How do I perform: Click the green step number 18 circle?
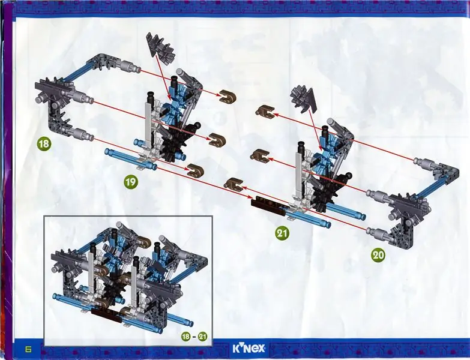44,144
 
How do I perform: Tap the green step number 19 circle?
131,181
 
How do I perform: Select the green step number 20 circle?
378,255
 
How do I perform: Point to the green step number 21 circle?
282,233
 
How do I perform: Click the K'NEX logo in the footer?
249,349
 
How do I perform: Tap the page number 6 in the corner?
29,349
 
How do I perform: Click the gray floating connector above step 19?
160,47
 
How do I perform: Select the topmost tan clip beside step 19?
227,95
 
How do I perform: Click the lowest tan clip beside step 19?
196,170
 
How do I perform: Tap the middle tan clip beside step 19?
217,140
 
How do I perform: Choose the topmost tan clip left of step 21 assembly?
264,111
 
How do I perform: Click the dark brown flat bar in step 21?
268,206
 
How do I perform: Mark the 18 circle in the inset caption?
186,337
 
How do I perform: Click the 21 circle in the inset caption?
203,337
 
